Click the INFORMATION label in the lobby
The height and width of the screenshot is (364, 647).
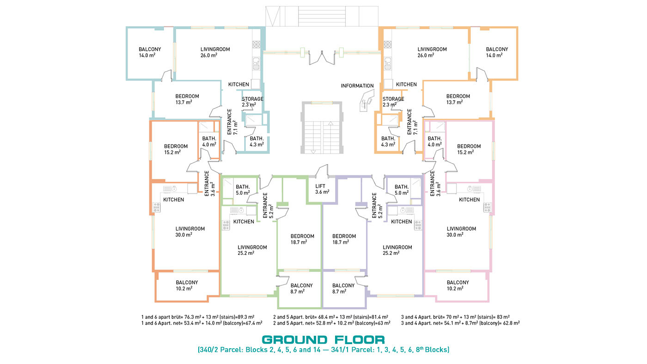[x=357, y=86]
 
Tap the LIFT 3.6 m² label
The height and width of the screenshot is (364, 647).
[x=322, y=189]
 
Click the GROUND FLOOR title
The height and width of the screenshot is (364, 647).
[x=323, y=339]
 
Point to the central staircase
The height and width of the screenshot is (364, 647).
[x=322, y=128]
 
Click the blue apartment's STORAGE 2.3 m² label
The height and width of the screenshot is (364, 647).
[x=252, y=102]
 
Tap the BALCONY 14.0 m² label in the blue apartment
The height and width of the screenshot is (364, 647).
[x=150, y=52]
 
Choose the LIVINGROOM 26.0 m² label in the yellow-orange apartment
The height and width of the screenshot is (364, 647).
[x=432, y=52]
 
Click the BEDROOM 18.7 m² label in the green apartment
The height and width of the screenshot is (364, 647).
[x=302, y=239]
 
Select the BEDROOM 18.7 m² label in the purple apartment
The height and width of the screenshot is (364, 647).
[x=344, y=239]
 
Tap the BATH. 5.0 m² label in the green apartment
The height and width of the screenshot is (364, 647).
[x=243, y=190]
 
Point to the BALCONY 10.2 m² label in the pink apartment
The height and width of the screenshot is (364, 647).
[x=458, y=285]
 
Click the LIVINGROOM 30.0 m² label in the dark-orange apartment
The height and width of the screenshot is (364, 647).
[x=190, y=232]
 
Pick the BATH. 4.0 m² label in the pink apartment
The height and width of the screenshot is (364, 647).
[x=434, y=142]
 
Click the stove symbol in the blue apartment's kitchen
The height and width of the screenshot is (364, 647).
[x=256, y=44]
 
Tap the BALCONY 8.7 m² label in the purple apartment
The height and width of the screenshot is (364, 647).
[x=343, y=289]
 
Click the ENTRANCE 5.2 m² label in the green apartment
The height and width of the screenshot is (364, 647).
[x=268, y=205]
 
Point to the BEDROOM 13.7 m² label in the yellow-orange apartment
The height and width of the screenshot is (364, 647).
[x=458, y=99]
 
